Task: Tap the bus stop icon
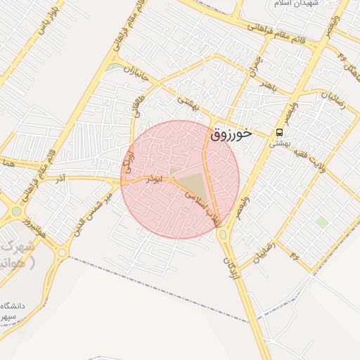point(280,132)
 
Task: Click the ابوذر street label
point(152,180)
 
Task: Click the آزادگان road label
point(231,268)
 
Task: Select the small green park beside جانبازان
point(114,67)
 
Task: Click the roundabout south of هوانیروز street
point(62,251)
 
